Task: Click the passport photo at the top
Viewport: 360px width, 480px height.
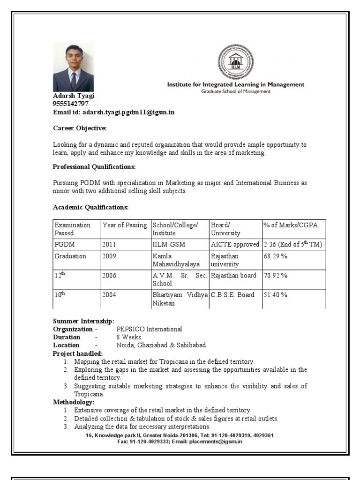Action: coord(73,67)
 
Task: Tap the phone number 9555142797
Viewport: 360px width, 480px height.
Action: coord(71,104)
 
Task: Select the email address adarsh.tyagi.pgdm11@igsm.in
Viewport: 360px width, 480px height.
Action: coord(128,112)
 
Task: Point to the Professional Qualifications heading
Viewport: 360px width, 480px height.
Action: coord(94,167)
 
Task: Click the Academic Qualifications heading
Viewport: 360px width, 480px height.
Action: coord(90,207)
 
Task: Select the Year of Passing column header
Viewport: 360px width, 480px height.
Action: coord(125,225)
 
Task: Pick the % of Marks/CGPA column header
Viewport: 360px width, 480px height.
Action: coord(291,225)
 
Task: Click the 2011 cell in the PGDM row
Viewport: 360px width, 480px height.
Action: coord(109,245)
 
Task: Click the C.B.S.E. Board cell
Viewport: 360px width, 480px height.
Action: coord(232,295)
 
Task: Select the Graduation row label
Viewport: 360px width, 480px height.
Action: coord(70,256)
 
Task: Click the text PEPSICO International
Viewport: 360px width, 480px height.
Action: coord(149,330)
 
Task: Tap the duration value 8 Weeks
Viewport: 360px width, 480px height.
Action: coord(128,337)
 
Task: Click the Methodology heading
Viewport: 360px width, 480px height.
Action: coord(74,402)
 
